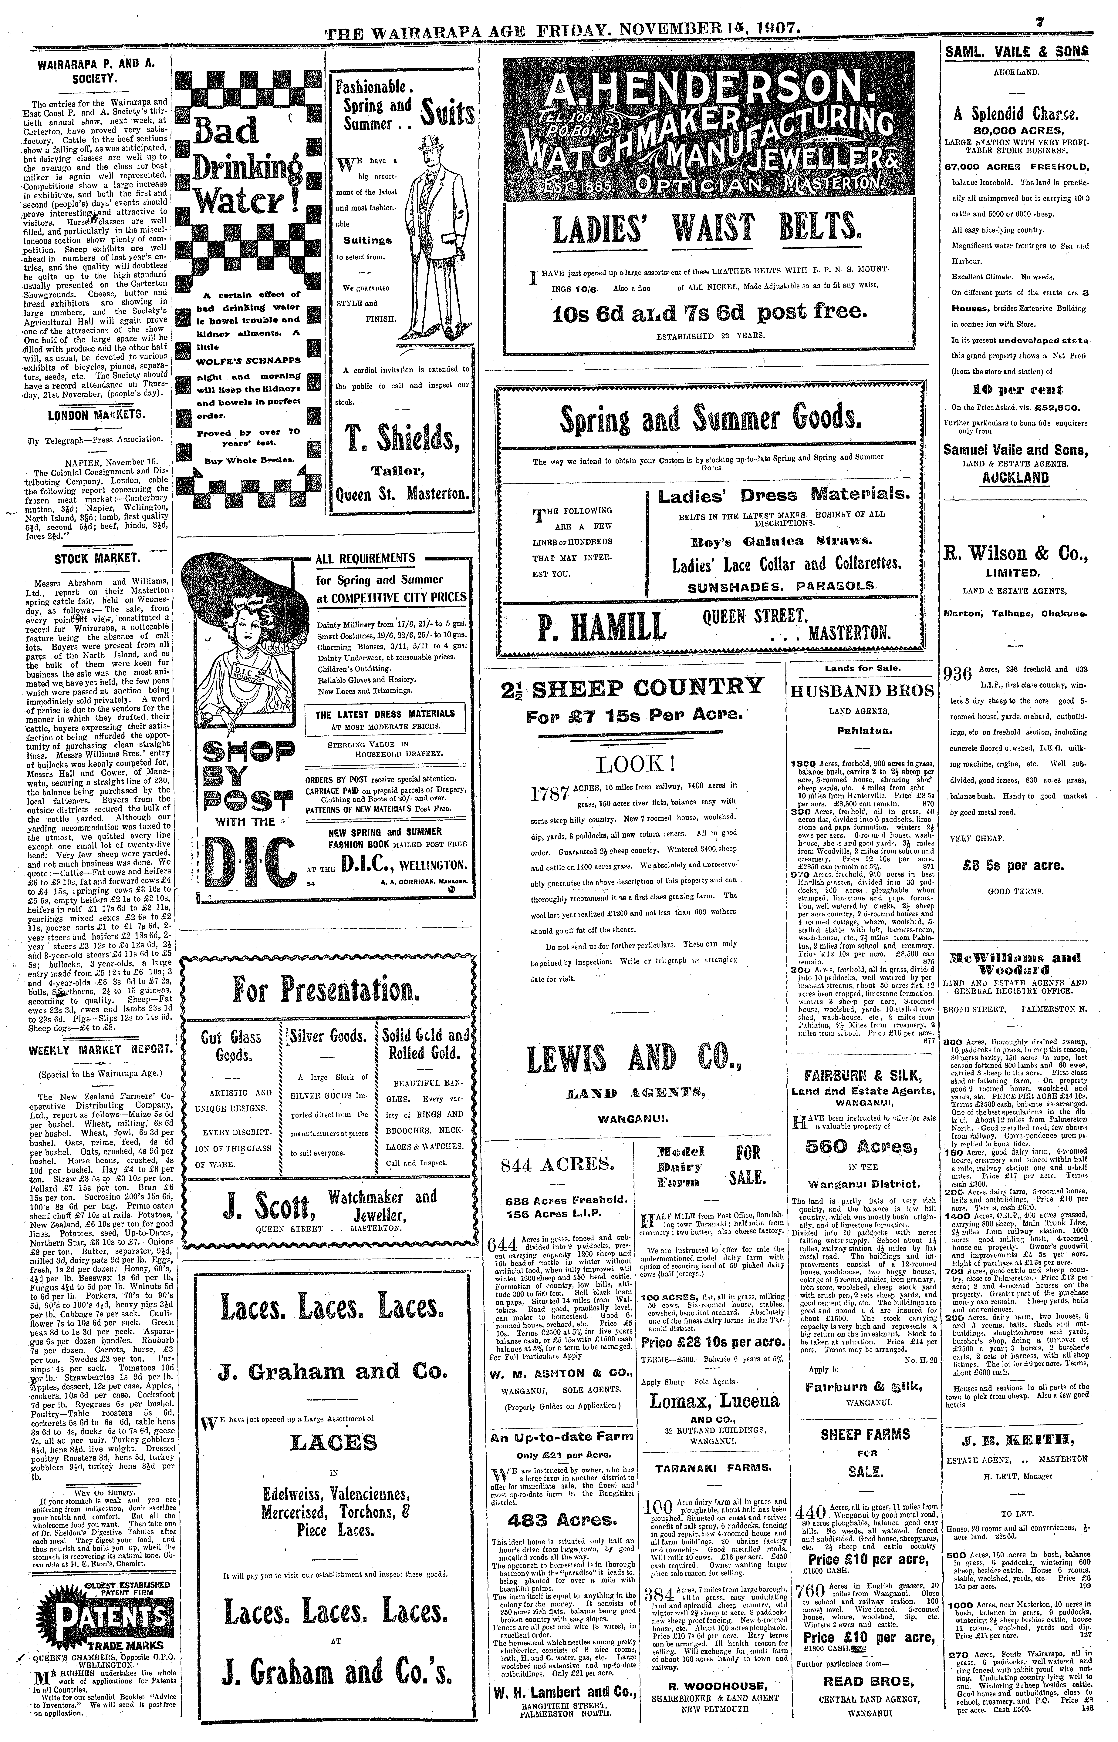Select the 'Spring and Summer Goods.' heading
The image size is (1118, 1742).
click(710, 419)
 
